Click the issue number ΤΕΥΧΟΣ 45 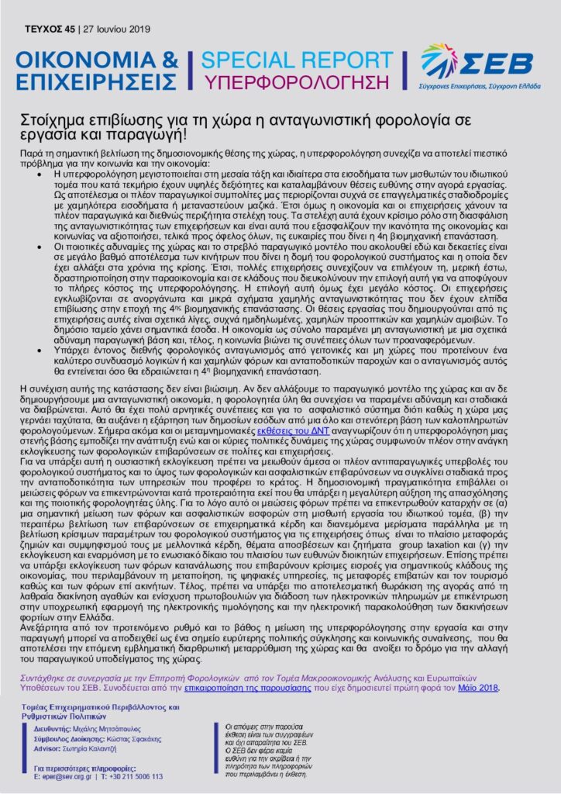pos(49,29)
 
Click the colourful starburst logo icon pos(439,58)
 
